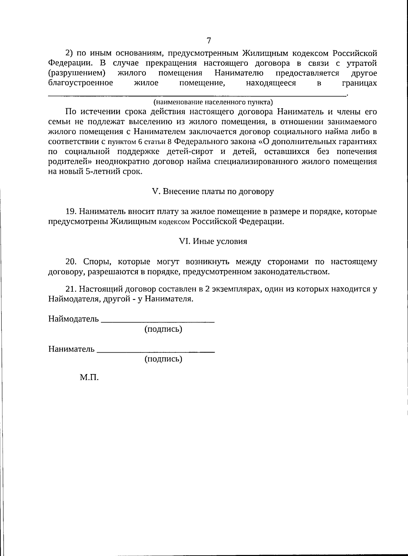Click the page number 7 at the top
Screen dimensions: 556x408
209,40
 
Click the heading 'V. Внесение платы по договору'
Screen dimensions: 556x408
213,191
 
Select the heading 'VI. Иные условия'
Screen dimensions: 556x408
213,241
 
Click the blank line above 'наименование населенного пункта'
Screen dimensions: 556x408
197,96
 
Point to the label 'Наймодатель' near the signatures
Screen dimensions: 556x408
73,319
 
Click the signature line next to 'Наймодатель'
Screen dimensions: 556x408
158,321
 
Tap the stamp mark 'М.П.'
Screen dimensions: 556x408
89,377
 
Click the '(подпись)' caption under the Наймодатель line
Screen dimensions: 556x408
164,329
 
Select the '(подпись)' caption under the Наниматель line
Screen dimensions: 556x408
164,359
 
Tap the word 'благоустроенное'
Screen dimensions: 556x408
81,83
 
